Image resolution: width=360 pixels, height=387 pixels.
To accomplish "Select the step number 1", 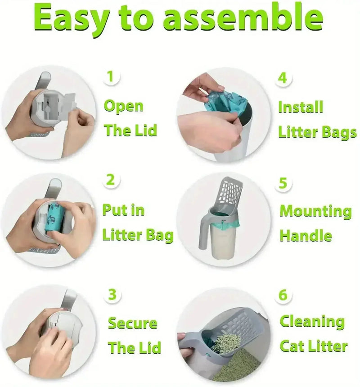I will pos(110,76).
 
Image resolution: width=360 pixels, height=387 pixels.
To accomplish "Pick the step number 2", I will pos(110,180).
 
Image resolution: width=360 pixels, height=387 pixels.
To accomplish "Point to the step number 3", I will pos(112,295).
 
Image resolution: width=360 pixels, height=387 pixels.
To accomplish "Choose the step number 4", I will pos(282,77).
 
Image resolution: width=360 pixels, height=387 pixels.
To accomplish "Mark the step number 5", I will pos(283,183).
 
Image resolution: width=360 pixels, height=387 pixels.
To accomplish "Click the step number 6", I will pos(283,295).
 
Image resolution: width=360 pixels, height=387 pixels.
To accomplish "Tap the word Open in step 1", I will pos(124,107).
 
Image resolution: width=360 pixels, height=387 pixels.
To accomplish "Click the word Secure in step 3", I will pos(132,323).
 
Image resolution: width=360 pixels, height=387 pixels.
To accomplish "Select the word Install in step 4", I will pos(301,107).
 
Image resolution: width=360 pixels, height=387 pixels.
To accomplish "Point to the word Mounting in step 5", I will pos(315,211).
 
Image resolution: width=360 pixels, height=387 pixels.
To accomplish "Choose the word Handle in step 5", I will pos(306,235).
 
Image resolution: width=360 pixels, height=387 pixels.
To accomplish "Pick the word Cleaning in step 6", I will pos(312,322).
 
